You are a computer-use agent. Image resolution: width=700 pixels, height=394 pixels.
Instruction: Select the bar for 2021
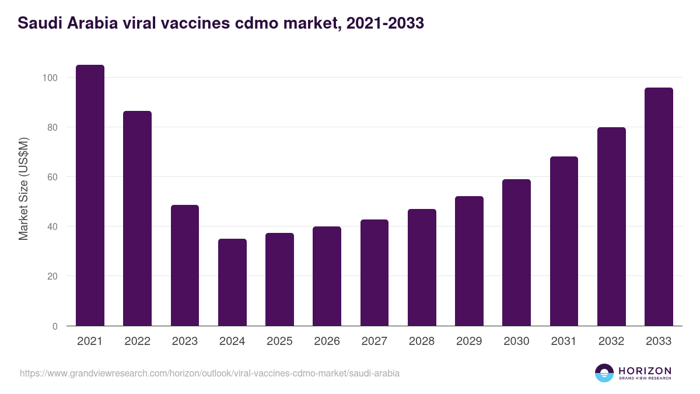click(90, 196)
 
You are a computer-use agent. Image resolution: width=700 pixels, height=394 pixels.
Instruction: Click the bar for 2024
click(232, 283)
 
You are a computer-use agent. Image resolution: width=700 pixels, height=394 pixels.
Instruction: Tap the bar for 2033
click(659, 207)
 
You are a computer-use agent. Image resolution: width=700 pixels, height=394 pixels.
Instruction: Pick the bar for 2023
click(185, 266)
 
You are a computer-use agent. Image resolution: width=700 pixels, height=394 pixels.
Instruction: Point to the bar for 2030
click(516, 253)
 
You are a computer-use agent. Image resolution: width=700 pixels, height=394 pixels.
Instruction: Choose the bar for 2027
click(374, 273)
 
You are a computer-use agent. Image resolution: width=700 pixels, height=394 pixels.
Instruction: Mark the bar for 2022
click(137, 218)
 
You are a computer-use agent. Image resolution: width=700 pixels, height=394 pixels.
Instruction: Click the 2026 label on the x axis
click(327, 341)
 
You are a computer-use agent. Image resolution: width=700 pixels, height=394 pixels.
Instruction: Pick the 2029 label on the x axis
click(469, 341)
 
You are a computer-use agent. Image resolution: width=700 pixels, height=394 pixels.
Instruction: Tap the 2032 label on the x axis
click(611, 341)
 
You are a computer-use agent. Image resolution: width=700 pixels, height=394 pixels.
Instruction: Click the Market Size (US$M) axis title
click(23, 189)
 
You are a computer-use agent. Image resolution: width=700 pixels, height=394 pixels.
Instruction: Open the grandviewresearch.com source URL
click(209, 373)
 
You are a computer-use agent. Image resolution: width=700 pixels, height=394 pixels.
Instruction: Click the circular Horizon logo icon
click(604, 373)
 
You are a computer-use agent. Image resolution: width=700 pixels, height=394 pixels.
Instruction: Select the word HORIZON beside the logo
click(645, 370)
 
